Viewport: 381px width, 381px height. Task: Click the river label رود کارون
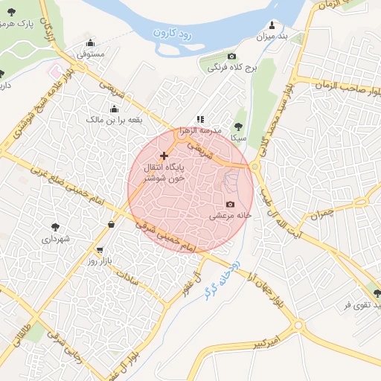(173, 33)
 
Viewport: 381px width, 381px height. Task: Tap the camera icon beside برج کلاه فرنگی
(231, 57)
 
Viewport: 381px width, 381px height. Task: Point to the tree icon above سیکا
(238, 127)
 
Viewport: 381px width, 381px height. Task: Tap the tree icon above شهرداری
(55, 227)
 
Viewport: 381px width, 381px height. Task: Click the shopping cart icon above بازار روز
(100, 250)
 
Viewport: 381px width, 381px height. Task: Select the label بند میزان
(272, 36)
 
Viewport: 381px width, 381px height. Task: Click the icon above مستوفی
(91, 42)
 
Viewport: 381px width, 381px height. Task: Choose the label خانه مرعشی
(231, 216)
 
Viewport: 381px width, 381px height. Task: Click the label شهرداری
(55, 239)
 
